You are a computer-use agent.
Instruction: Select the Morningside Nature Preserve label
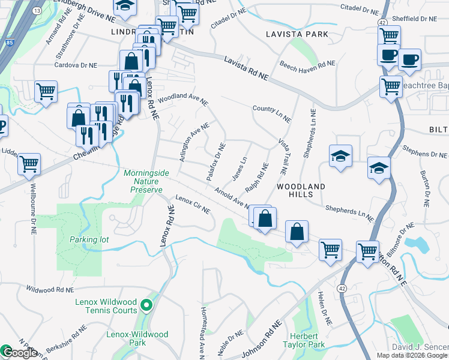tap(143, 181)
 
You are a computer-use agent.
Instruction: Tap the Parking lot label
tap(88, 239)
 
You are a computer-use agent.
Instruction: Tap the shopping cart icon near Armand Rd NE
tap(46, 92)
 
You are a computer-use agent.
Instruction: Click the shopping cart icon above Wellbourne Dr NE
tap(29, 163)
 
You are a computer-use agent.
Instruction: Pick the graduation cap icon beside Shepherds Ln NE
tap(340, 157)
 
